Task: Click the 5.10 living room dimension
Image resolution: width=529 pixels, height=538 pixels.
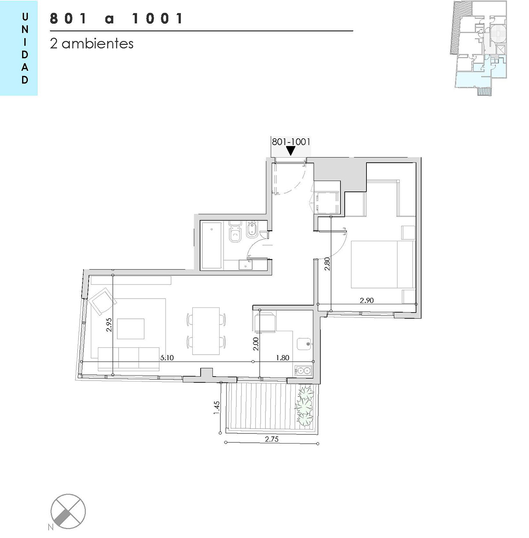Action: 167,358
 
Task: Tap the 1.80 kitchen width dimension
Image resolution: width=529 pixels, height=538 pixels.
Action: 283,358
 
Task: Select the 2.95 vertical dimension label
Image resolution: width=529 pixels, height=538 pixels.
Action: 109,325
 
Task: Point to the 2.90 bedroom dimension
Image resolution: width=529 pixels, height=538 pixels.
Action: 366,300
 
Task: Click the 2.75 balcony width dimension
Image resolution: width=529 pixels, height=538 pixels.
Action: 272,439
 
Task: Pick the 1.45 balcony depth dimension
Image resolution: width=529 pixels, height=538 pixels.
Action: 216,408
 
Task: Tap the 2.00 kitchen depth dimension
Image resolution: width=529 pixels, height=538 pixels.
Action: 256,344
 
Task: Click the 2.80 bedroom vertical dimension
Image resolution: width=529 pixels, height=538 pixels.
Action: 327,264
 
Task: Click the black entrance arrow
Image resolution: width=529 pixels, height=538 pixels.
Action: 291,151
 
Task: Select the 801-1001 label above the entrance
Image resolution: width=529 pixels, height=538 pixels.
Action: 291,142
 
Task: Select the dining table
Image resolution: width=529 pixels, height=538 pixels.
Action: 206,331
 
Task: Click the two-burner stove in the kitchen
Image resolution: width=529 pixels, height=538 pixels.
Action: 303,370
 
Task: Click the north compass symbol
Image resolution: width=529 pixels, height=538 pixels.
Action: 68,512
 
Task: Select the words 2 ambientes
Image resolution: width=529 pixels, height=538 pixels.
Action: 92,44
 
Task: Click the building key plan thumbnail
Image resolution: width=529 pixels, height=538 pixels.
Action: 478,49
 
